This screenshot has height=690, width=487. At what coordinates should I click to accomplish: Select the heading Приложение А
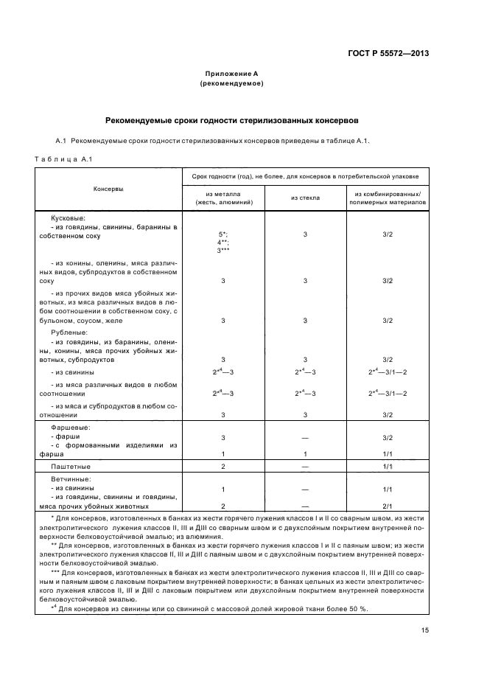pos(231,74)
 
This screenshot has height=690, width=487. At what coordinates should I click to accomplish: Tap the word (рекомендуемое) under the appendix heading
pos(231,83)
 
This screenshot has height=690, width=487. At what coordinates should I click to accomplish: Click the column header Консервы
pos(108,189)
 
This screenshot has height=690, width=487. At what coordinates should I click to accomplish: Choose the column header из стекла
pos(305,198)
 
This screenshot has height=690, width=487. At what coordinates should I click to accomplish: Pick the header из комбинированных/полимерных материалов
pos(388,198)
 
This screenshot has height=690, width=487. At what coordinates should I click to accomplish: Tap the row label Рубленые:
pos(69,332)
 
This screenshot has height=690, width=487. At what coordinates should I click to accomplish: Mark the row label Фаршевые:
pos(71,428)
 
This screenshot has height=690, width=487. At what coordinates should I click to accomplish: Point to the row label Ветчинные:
pos(71,480)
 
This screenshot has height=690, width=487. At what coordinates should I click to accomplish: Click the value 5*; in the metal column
pos(223,234)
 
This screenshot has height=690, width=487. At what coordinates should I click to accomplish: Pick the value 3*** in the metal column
pos(223,251)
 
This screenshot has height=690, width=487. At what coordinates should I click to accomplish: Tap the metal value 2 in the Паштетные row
pos(223,467)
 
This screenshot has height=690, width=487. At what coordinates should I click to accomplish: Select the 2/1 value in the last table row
pos(388,506)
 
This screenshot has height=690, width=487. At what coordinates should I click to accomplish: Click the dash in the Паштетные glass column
pos(305,467)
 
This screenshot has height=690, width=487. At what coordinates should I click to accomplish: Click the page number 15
pos(425,630)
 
